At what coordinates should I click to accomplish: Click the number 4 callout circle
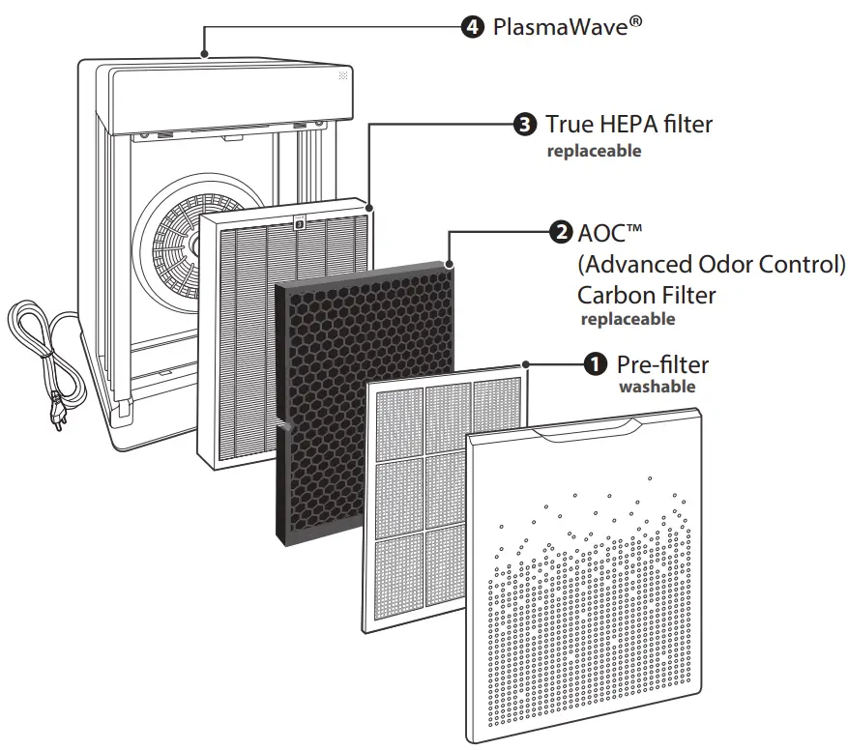(473, 27)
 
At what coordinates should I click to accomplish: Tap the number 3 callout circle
(524, 125)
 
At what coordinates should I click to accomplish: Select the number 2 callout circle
(560, 233)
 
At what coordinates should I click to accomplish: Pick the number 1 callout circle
(596, 364)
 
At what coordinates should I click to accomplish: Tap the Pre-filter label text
(662, 364)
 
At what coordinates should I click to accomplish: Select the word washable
(657, 387)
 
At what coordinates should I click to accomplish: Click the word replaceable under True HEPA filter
(595, 152)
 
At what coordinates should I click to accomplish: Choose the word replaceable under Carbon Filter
(628, 319)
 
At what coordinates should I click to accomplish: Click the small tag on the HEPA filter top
(299, 222)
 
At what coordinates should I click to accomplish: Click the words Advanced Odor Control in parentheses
(712, 264)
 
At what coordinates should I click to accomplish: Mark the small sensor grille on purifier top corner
(342, 75)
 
